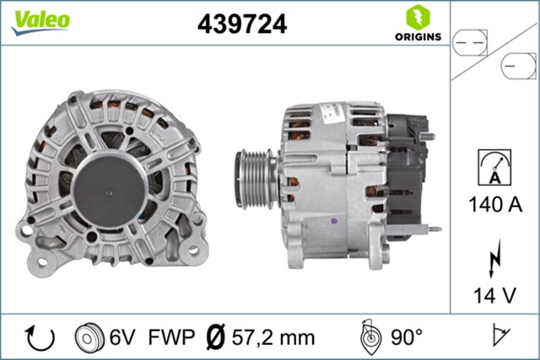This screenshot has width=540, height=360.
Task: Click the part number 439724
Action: click(x=242, y=24)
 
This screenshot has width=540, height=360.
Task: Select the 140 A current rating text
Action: click(x=495, y=203)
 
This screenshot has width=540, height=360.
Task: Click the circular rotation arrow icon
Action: click(x=41, y=337)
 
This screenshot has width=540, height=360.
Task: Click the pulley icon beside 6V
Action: click(x=88, y=338)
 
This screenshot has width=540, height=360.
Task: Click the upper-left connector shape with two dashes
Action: click(x=471, y=40)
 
